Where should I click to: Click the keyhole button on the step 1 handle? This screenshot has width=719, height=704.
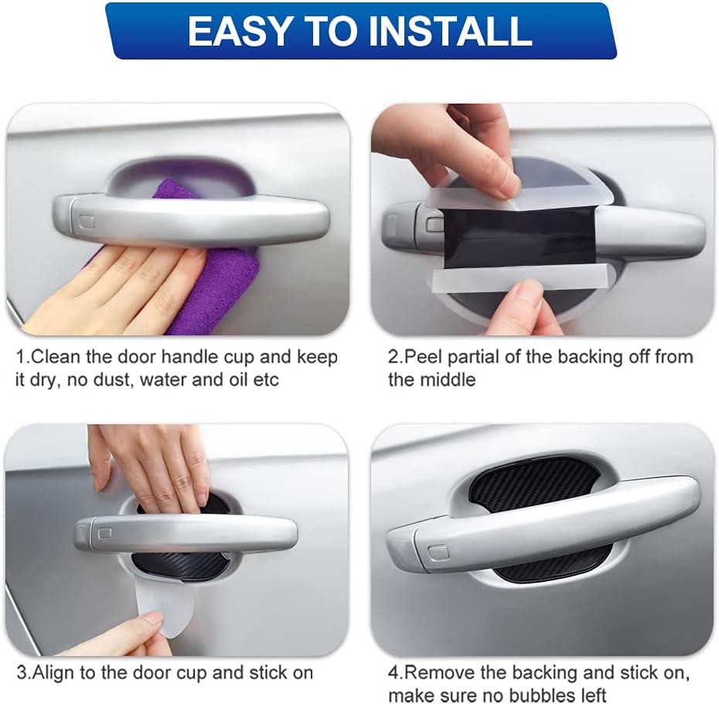tap(87, 222)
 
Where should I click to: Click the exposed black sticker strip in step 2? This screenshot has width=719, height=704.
tap(518, 236)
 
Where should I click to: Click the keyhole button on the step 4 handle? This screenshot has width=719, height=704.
tap(438, 552)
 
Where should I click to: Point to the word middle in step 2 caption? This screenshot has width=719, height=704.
tap(448, 380)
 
